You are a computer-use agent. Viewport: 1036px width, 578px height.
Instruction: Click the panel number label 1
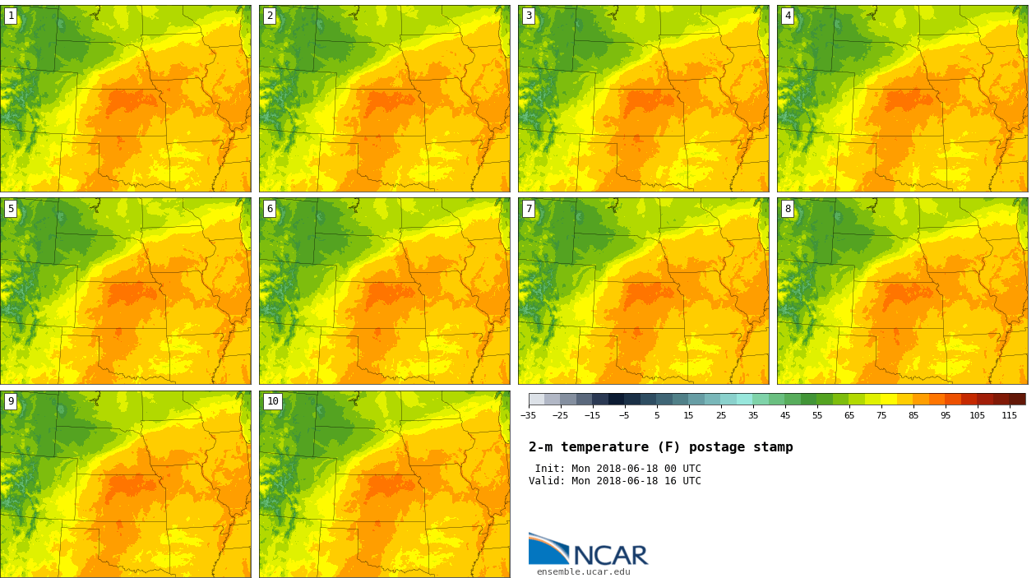pos(11,16)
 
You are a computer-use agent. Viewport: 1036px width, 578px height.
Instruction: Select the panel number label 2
pos(270,16)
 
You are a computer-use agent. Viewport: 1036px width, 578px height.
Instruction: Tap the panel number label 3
pos(529,16)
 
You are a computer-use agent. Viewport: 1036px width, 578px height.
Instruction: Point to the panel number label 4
pos(788,16)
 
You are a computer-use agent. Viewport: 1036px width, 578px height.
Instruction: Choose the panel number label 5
pos(11,209)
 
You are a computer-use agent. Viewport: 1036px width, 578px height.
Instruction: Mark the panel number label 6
pos(270,209)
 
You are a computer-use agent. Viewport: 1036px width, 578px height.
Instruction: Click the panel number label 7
pos(529,209)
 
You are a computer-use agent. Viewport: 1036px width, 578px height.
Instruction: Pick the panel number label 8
pos(788,209)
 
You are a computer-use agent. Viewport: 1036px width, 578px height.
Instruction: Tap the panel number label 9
pos(11,401)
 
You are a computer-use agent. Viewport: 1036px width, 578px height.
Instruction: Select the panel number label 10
pos(272,401)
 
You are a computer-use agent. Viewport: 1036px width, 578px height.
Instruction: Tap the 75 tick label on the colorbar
pos(881,416)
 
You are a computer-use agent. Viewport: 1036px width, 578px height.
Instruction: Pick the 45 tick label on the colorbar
pos(785,416)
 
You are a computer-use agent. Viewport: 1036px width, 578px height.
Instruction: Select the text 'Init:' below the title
pos(549,469)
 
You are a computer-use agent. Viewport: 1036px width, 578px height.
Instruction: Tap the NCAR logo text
pos(610,556)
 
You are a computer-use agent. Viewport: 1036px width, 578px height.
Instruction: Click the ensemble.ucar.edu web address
pos(583,572)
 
